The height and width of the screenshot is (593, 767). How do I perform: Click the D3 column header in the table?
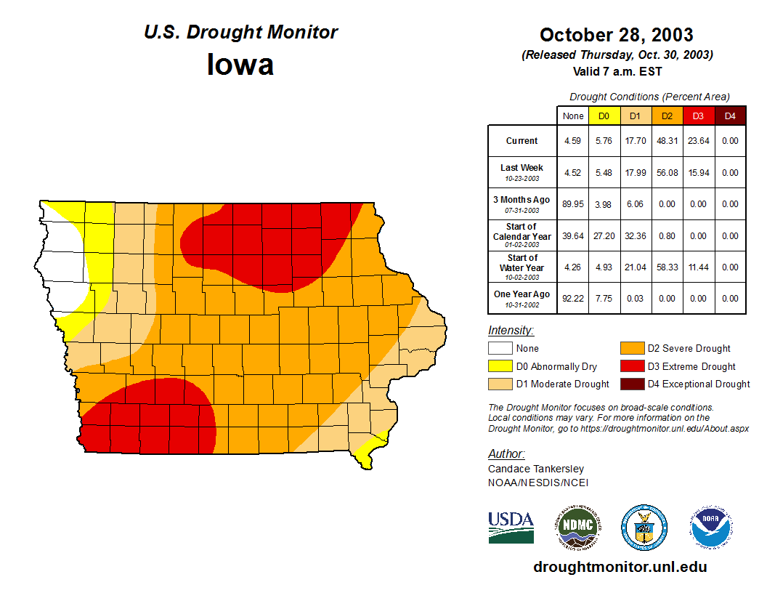[698, 116]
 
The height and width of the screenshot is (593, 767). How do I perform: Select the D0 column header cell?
[604, 116]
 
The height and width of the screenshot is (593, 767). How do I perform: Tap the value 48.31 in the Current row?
[667, 141]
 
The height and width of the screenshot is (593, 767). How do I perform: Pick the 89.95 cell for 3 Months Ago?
[573, 204]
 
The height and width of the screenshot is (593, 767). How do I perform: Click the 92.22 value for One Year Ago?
[573, 298]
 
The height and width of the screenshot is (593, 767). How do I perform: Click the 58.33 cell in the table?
[667, 267]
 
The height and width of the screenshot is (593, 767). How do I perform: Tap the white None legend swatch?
[500, 349]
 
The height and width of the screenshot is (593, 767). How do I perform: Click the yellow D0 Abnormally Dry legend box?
[500, 366]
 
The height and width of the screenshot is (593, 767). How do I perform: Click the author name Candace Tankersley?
[535, 469]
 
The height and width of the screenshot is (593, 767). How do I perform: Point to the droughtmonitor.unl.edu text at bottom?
[620, 567]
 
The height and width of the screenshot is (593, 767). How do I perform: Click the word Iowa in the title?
[240, 64]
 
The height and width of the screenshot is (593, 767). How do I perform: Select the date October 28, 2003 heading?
[616, 35]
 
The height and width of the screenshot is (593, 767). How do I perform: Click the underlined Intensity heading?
[511, 331]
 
